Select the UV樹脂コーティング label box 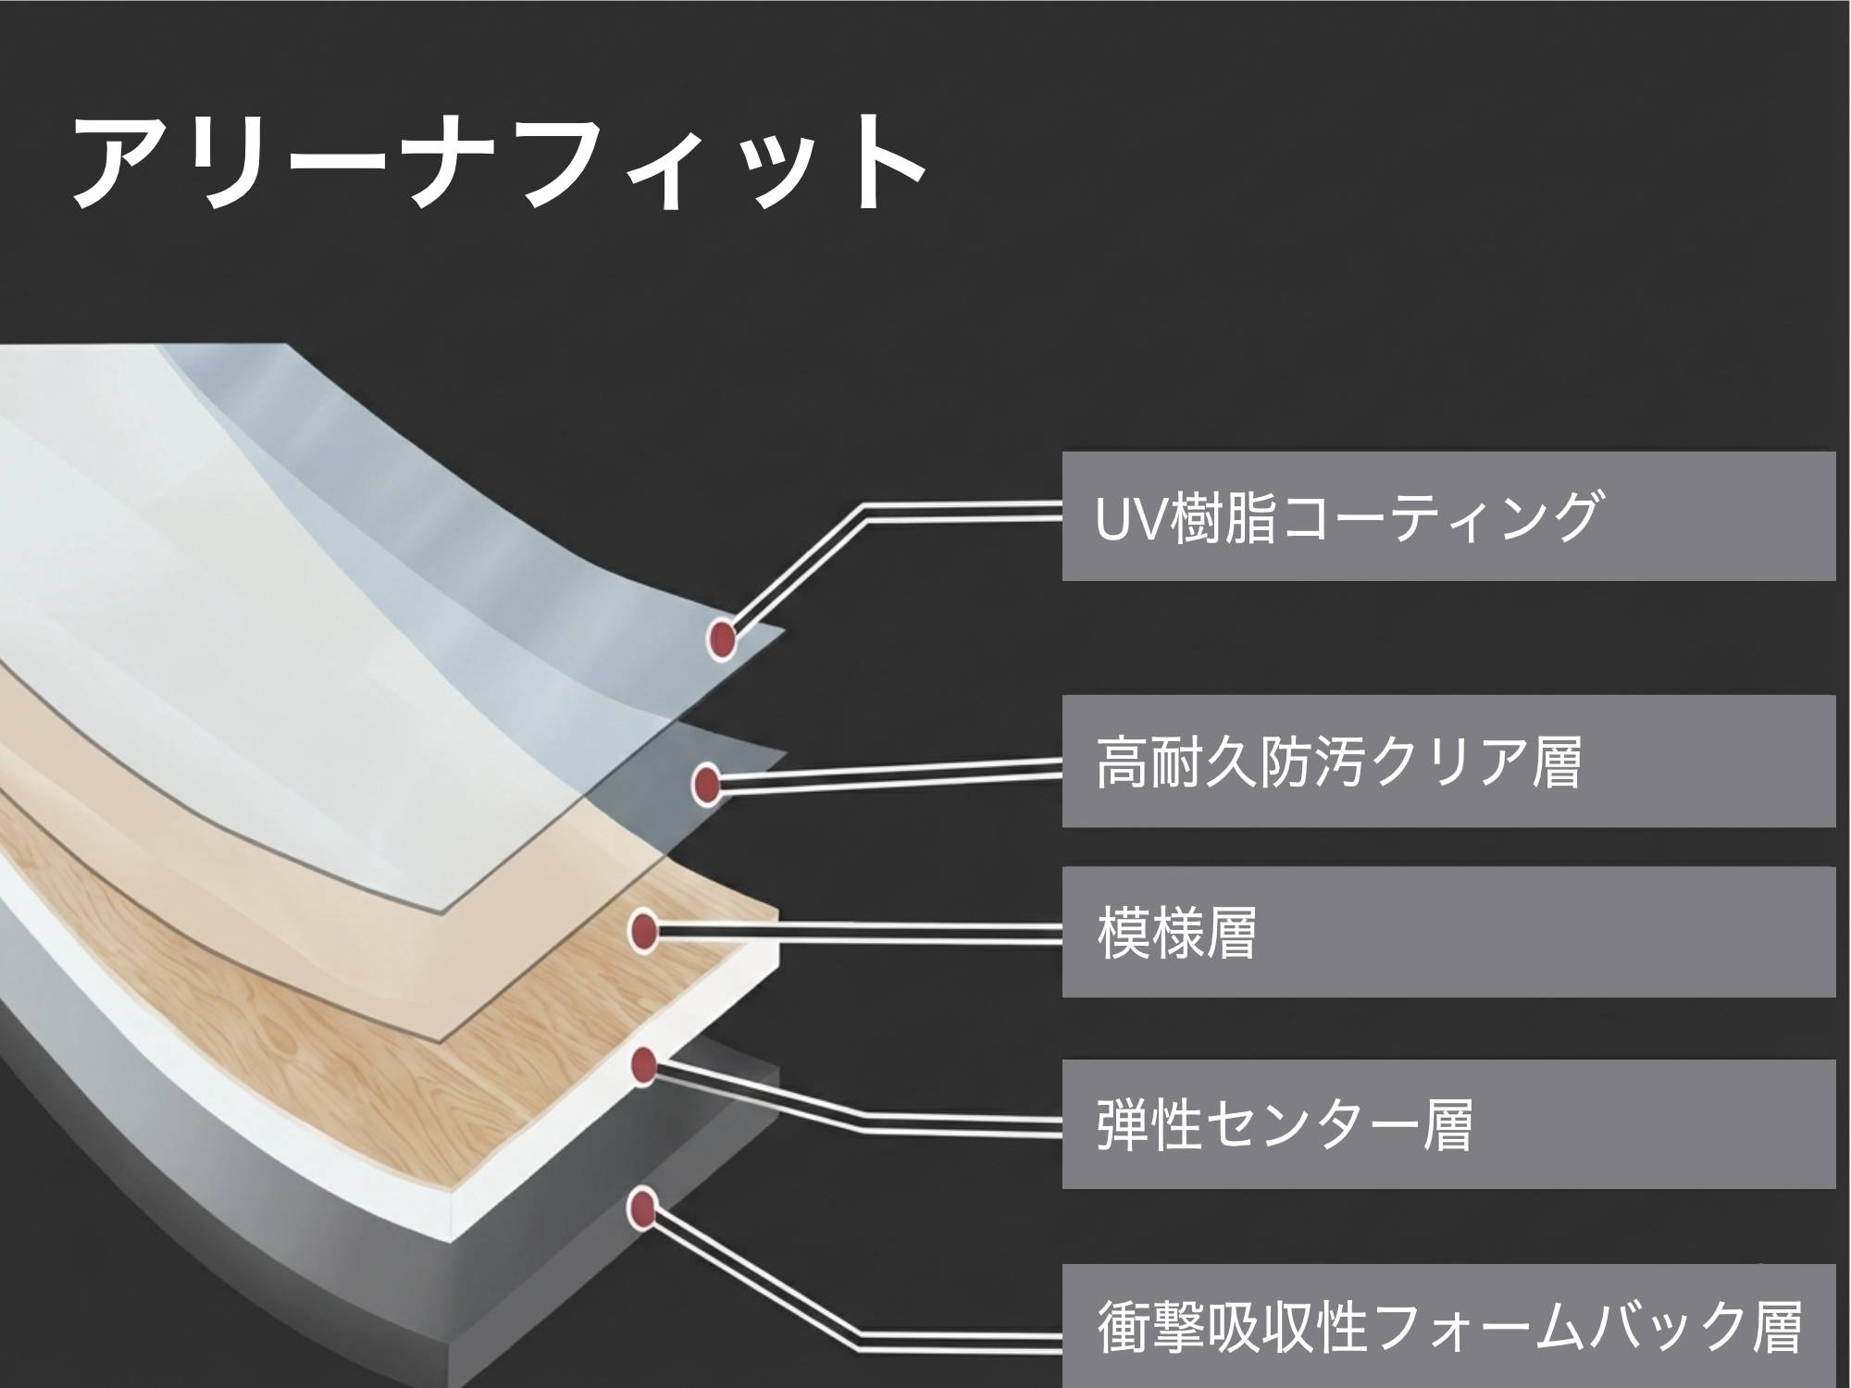click(x=1447, y=516)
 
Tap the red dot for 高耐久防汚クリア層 click(x=706, y=785)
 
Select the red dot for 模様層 click(x=643, y=931)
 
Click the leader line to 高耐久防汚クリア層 click(x=888, y=775)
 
